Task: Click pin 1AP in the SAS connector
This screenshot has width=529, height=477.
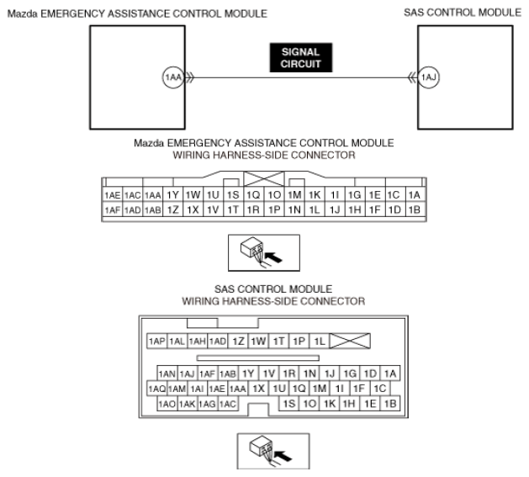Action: point(156,341)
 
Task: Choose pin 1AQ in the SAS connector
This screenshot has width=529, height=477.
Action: point(156,389)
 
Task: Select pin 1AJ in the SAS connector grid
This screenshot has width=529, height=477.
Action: point(187,373)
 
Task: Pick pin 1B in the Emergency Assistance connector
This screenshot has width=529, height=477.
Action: point(413,209)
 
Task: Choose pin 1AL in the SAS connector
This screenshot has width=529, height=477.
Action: point(177,341)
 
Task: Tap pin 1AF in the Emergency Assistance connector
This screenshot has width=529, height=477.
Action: point(112,209)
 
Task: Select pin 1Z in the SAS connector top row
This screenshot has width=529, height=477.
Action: point(238,341)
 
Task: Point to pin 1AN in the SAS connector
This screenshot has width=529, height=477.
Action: point(167,373)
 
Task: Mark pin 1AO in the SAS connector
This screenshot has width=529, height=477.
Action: point(167,404)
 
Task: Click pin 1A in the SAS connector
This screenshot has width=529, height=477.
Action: point(391,373)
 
